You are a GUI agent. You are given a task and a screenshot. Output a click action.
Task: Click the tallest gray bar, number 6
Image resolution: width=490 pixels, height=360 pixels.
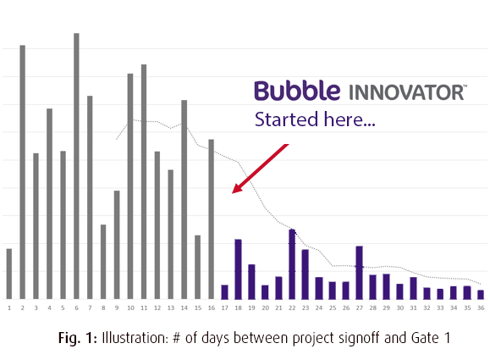tap(76, 166)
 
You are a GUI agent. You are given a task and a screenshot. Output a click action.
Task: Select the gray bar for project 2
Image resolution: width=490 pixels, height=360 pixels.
tap(23, 172)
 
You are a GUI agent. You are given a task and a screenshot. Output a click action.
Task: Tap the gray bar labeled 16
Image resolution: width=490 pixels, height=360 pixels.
tap(212, 219)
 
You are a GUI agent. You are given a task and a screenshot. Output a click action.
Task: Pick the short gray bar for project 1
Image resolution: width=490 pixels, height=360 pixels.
tap(9, 274)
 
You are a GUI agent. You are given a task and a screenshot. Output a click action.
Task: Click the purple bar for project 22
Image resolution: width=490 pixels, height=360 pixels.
tap(292, 264)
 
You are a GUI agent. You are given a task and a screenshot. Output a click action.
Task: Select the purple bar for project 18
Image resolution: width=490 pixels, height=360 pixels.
tap(238, 269)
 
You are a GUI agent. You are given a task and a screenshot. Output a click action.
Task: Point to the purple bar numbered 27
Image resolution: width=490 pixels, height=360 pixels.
tap(360, 273)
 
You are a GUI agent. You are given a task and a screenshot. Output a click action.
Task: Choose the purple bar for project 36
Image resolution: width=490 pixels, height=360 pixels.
tap(481, 295)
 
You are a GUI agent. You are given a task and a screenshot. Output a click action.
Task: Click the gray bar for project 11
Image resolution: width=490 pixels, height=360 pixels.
tap(144, 182)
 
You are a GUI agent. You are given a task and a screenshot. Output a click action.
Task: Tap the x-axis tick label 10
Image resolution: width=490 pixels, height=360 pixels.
tap(130, 308)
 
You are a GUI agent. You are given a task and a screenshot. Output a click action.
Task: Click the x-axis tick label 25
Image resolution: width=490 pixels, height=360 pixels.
tap(333, 308)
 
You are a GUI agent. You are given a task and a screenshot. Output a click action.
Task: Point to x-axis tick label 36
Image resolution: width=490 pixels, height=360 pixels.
tap(481, 308)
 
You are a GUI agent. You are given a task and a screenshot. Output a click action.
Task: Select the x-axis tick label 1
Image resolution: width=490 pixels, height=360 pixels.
tap(9, 308)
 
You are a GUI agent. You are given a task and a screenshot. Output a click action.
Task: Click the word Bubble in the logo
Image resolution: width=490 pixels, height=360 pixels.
tap(297, 91)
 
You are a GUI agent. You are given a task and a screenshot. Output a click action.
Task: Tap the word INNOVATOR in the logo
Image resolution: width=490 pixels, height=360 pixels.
tap(406, 92)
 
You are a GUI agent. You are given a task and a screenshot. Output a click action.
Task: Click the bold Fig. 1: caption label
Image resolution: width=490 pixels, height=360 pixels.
tap(78, 338)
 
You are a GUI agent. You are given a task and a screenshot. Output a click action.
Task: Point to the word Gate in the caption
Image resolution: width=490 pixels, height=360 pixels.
tap(425, 338)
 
